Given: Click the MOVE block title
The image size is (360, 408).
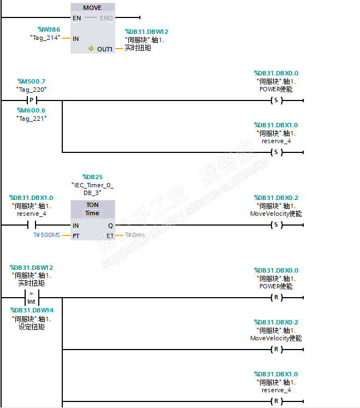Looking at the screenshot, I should pos(92,8).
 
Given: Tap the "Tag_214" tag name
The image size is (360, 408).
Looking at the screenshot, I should pos(45,37).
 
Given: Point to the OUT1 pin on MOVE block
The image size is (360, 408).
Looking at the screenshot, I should pos(104,49).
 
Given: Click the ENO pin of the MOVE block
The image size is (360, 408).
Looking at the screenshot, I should pos(107,18).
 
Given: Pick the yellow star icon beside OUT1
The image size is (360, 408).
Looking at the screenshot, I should pos(91,49).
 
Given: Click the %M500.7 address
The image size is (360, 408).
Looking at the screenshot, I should pos(32,81).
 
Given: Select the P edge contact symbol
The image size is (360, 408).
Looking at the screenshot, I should pos(31,100).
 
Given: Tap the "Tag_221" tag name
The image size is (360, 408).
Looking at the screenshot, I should pos(32,118).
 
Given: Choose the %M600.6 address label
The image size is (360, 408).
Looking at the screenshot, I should pos(32,110).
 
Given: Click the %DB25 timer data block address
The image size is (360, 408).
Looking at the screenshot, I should pos(92,177).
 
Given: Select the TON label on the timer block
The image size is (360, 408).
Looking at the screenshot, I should pos(92,205).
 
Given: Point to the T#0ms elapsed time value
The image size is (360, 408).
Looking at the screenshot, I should pos(135,235).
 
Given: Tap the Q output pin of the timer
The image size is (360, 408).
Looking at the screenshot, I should pos(110,225).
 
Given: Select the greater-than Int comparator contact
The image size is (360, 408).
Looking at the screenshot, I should pos(31,298).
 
